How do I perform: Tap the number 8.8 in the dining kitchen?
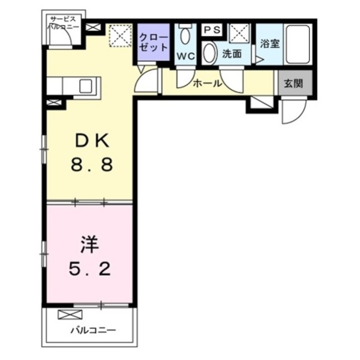coord(92,165)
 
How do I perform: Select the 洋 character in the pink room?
coord(90,244)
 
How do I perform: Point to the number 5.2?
coord(90,269)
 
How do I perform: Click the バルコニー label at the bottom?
coord(93,331)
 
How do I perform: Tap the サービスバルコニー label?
coord(63,23)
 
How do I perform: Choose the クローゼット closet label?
coord(153,42)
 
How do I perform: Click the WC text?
coord(185,56)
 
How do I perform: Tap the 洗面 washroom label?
coord(232,54)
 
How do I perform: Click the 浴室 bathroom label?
coord(270,44)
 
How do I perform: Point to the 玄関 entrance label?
coord(294,84)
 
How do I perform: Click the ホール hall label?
coord(207,84)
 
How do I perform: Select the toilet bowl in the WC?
coord(185,35)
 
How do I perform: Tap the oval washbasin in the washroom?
coord(210,53)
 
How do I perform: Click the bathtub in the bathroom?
coord(298,45)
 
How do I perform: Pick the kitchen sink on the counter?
coord(85,86)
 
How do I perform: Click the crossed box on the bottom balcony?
coord(70,315)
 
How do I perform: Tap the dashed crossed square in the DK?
coord(120,36)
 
